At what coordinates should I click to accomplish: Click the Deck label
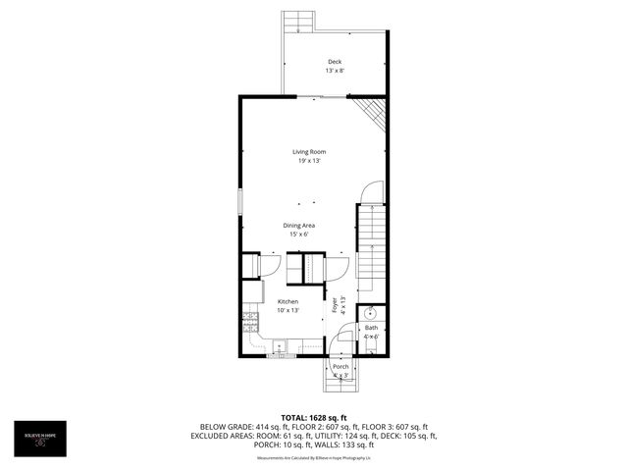336,62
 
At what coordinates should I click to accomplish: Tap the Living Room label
309,151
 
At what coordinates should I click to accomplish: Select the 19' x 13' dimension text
309,160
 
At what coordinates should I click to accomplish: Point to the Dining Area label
301,226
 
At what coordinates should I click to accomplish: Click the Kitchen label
288,301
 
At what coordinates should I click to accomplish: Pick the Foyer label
334,303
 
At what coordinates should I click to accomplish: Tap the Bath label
371,328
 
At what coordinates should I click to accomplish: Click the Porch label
340,367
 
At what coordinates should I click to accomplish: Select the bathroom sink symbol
372,313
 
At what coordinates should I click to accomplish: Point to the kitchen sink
281,345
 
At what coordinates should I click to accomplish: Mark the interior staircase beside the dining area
371,245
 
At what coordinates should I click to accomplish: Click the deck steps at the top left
298,22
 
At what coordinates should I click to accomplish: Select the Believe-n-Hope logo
41,438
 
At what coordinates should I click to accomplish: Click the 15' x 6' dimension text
301,235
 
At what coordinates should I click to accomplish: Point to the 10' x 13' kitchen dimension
288,310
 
